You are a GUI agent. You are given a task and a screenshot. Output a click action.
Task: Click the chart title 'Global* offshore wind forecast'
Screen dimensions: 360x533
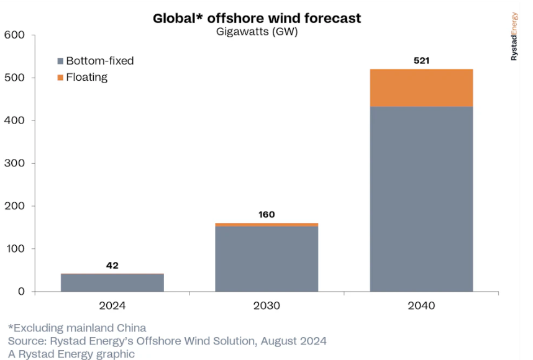click(257, 19)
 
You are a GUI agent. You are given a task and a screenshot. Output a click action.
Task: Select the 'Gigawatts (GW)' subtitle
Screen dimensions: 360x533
click(257, 32)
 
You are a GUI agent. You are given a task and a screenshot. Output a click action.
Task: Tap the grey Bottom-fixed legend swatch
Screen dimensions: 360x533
click(60, 61)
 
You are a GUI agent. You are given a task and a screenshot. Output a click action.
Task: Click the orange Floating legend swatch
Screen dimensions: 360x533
click(60, 78)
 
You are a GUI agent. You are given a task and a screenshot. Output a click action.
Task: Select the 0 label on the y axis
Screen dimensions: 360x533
click(20, 292)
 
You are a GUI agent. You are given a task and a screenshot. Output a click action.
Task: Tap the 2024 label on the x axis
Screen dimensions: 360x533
click(112, 306)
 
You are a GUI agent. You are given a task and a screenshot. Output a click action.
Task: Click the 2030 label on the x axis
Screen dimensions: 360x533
click(266, 306)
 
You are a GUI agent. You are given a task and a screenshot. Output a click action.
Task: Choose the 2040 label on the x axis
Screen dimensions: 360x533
click(421, 306)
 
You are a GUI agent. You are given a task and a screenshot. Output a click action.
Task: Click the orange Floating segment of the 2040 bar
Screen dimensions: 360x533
click(421, 88)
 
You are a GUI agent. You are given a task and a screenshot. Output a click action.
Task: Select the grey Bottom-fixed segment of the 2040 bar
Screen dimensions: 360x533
click(421, 199)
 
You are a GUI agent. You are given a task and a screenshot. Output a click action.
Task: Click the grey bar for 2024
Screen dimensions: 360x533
click(112, 283)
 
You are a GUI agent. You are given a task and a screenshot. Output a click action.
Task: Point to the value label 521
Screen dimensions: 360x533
click(421, 61)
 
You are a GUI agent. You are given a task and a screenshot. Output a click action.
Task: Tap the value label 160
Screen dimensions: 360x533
click(266, 215)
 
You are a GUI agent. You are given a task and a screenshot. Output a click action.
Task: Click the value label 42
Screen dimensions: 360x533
click(112, 266)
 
